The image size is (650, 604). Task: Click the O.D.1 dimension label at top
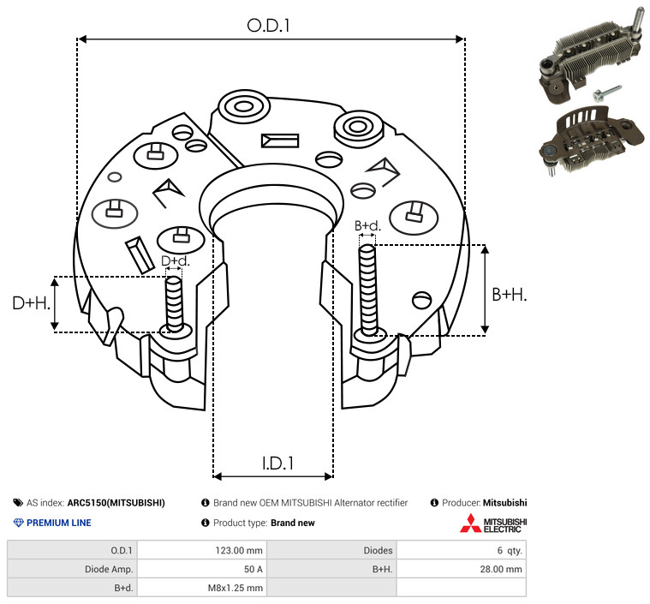[x=268, y=26]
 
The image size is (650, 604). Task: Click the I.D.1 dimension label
[x=277, y=463]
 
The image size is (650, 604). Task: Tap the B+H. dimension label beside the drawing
[x=509, y=295]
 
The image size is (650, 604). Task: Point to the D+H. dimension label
[x=32, y=303]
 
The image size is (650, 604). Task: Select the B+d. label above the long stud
[x=367, y=225]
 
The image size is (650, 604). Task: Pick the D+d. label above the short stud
[x=175, y=261]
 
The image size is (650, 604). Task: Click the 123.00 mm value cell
[x=239, y=551]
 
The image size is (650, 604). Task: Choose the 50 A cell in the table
[x=253, y=569]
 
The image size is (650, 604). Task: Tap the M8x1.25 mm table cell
[x=235, y=588]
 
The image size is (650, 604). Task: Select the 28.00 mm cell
[x=501, y=569]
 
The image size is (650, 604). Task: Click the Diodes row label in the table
[x=378, y=551]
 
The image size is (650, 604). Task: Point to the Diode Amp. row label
[x=109, y=569]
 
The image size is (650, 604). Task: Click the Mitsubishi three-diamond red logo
[x=470, y=523]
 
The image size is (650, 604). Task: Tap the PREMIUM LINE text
[x=59, y=523]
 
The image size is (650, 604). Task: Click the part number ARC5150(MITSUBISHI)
[x=116, y=503]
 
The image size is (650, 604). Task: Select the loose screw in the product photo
[x=606, y=93]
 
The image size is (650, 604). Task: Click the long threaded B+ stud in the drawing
[x=368, y=290]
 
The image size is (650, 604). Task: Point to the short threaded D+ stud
[x=174, y=304]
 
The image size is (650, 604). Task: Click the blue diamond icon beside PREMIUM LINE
[x=18, y=523]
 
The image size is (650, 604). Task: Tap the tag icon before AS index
[x=18, y=503]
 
